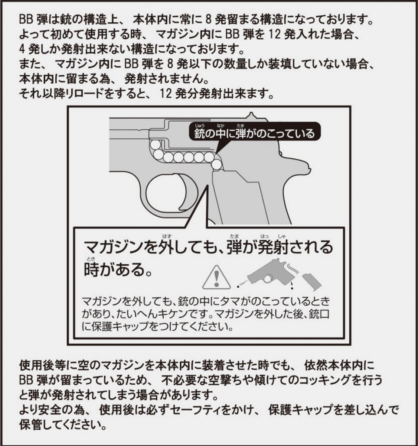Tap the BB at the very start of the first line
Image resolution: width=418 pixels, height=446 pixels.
tap(26, 19)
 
